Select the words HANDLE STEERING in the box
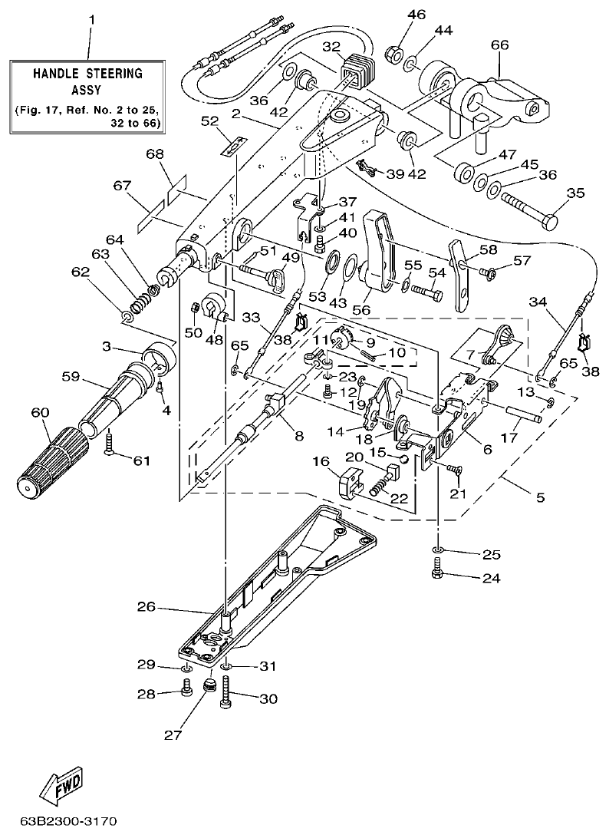[87, 74]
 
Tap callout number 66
[499, 45]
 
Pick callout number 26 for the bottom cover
[146, 606]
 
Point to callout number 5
[540, 497]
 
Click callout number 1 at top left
[92, 18]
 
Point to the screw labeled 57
[484, 270]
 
